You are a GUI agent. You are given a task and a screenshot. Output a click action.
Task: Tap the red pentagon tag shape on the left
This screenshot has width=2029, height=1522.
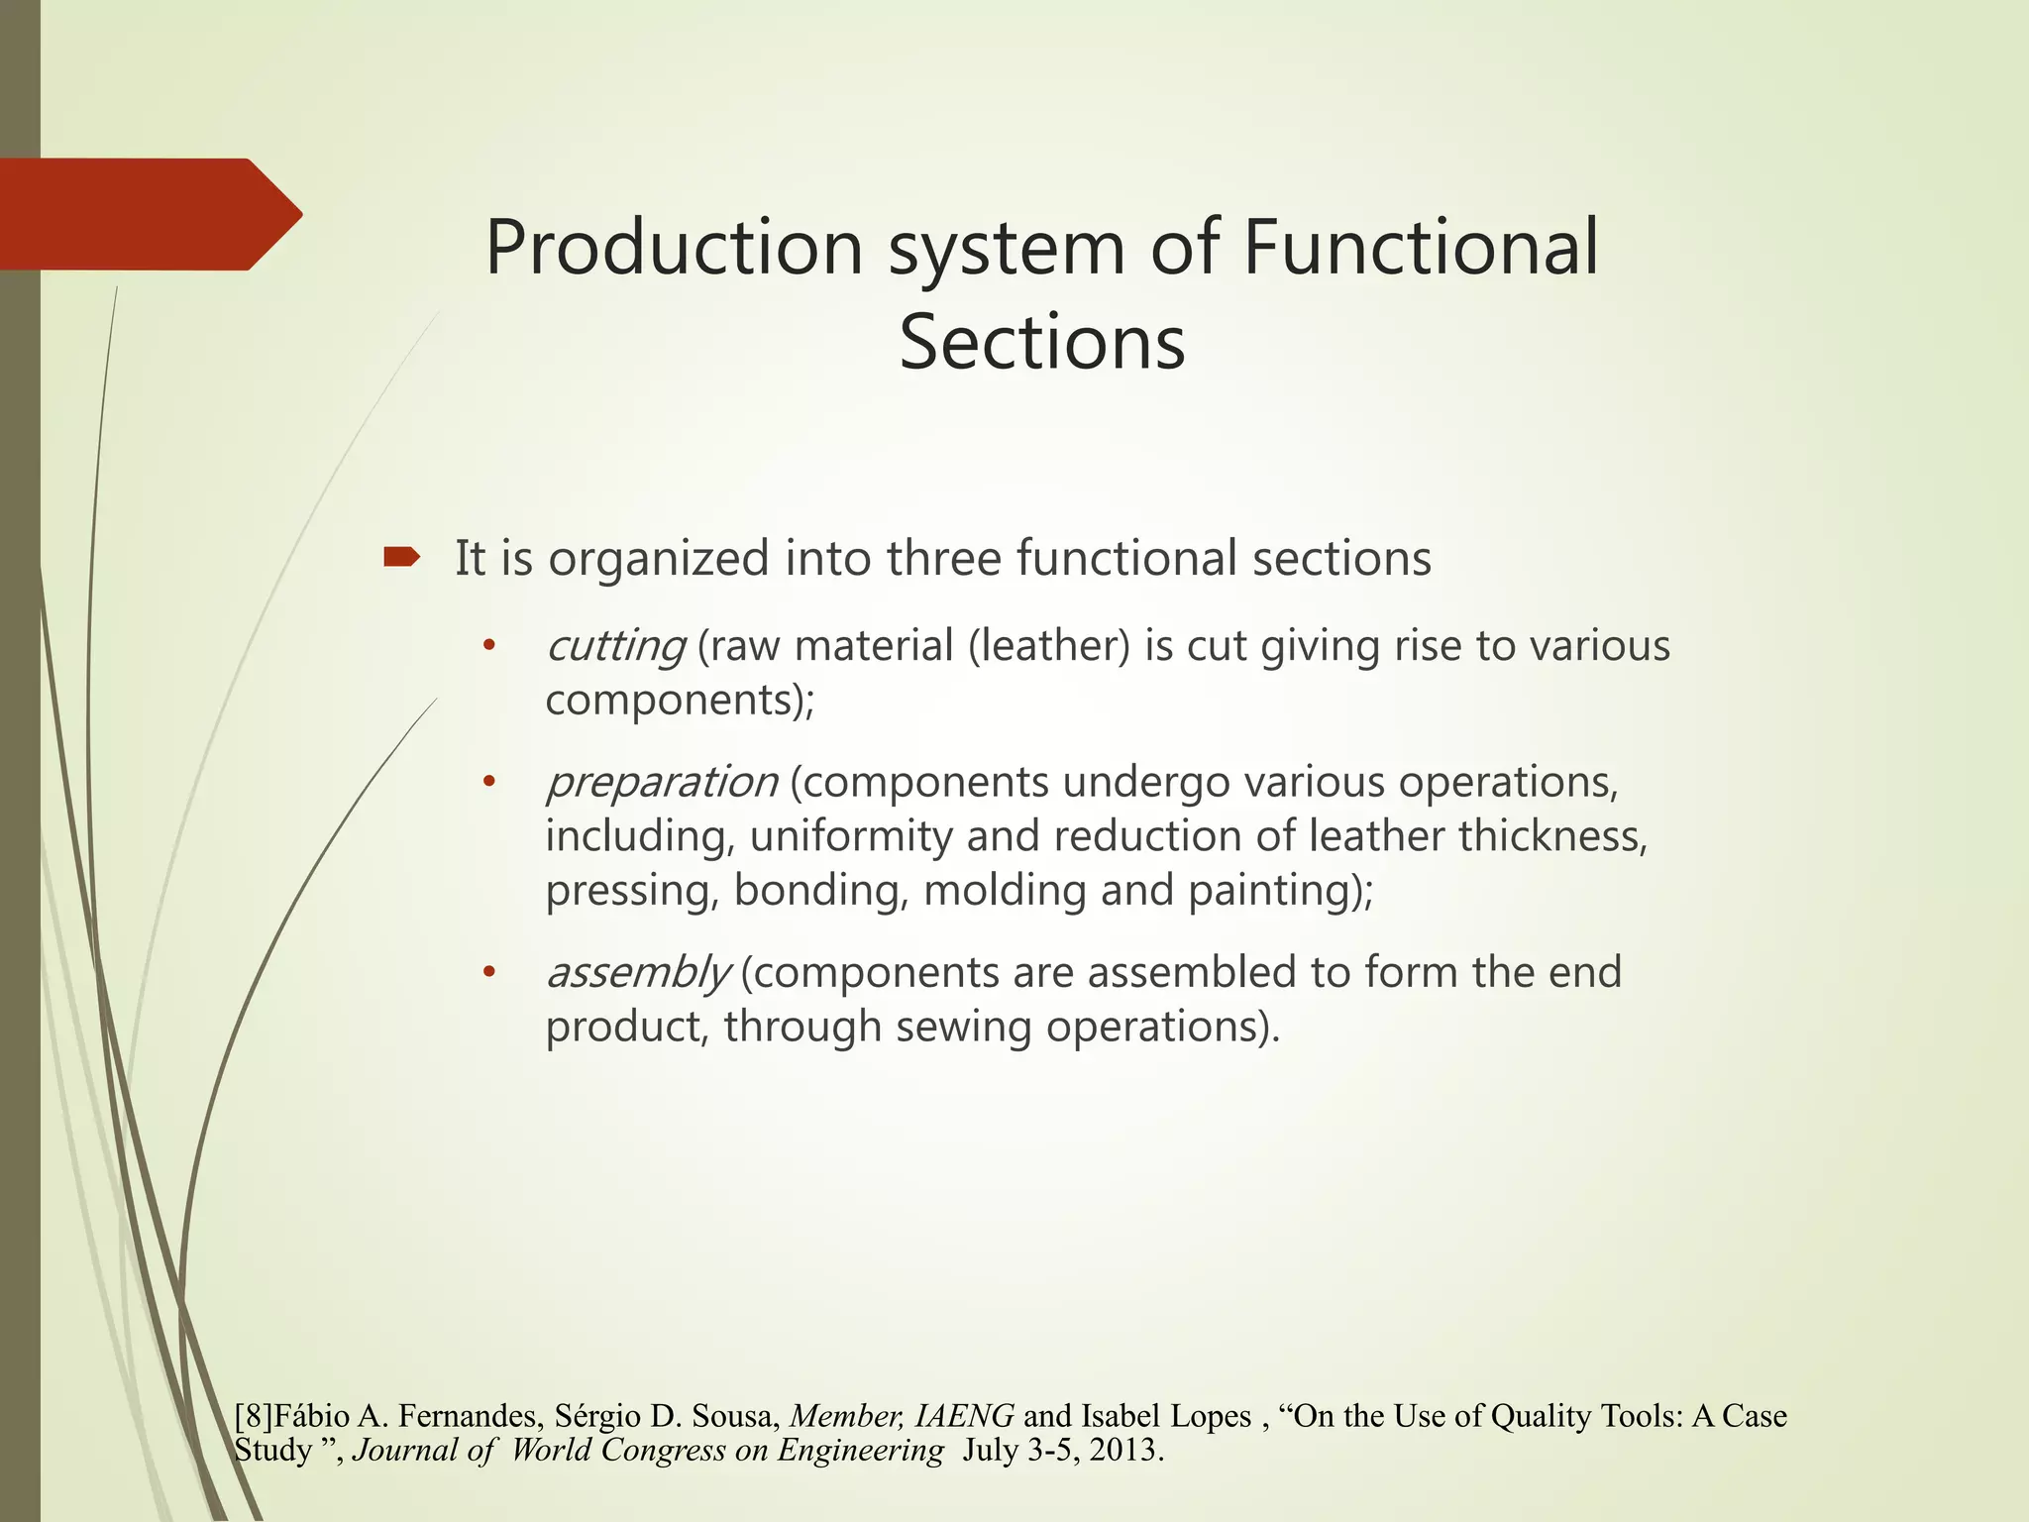pyautogui.click(x=139, y=214)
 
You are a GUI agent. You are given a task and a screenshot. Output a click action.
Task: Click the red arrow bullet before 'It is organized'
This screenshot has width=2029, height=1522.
pyautogui.click(x=401, y=558)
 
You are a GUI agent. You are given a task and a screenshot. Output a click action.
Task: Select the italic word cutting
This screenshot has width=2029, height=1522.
pyautogui.click(x=615, y=647)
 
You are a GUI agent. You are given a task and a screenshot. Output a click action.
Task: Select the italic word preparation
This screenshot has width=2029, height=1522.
pyautogui.click(x=662, y=783)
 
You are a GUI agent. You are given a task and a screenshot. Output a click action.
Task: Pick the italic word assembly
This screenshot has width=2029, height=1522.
pyautogui.click(x=638, y=973)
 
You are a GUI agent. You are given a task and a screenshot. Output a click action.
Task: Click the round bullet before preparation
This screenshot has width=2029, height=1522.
pyautogui.click(x=487, y=783)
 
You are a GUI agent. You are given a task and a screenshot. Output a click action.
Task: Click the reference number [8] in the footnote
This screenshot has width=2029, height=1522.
pyautogui.click(x=254, y=1417)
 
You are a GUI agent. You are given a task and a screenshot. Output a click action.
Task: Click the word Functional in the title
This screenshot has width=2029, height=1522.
pyautogui.click(x=1420, y=248)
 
